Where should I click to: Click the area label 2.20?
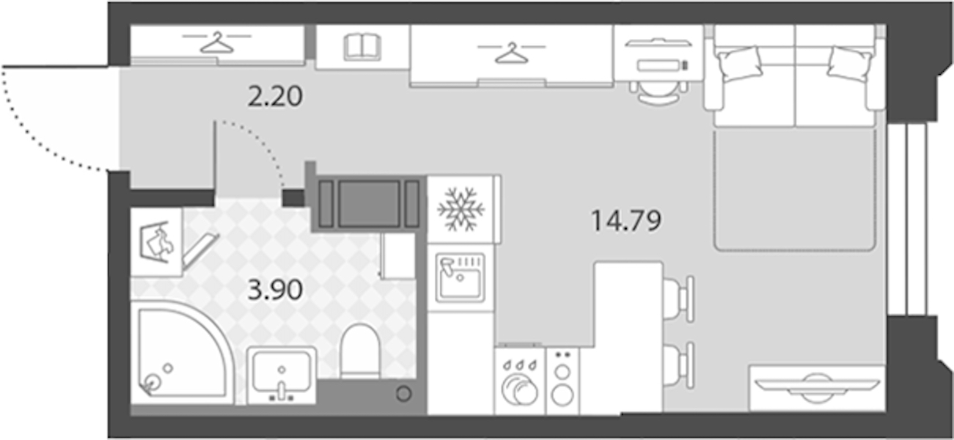point(275,97)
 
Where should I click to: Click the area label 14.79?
point(626,221)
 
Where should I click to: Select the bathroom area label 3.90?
point(275,290)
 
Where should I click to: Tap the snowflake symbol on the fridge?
point(461,209)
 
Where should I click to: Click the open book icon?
point(362,47)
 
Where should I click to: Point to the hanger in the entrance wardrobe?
point(217,42)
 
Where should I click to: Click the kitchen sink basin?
point(461,278)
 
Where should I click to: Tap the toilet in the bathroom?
point(360,351)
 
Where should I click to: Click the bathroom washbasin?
point(282,375)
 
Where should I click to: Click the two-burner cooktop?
point(562,381)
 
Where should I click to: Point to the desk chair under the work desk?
point(659,92)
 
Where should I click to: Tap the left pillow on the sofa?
point(739,64)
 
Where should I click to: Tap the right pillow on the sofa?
point(850,64)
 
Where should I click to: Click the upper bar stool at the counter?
point(679,298)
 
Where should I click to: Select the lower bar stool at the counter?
point(679,365)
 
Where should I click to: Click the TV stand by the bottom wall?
point(817,388)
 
